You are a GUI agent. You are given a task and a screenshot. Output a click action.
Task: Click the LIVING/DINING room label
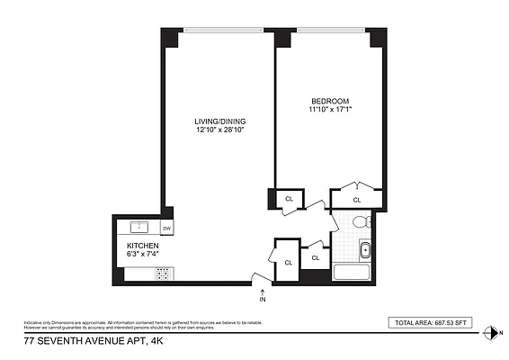pyautogui.click(x=220, y=121)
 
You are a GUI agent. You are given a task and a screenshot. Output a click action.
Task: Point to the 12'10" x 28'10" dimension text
pyautogui.click(x=220, y=130)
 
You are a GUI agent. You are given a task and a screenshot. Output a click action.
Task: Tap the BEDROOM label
pyautogui.click(x=330, y=100)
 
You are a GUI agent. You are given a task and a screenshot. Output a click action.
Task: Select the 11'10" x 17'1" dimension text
pyautogui.click(x=330, y=110)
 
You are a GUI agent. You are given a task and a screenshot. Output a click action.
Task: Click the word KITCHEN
pyautogui.click(x=143, y=246)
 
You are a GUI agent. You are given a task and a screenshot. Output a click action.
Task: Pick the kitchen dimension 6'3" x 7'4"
pyautogui.click(x=143, y=256)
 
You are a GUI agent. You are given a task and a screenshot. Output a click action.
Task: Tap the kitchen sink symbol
pyautogui.click(x=138, y=226)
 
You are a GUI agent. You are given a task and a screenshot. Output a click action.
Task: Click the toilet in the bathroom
pyautogui.click(x=360, y=222)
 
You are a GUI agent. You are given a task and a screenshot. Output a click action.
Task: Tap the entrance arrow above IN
pyautogui.click(x=263, y=292)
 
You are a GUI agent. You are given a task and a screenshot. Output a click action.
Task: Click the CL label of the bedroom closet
pyautogui.click(x=357, y=200)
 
